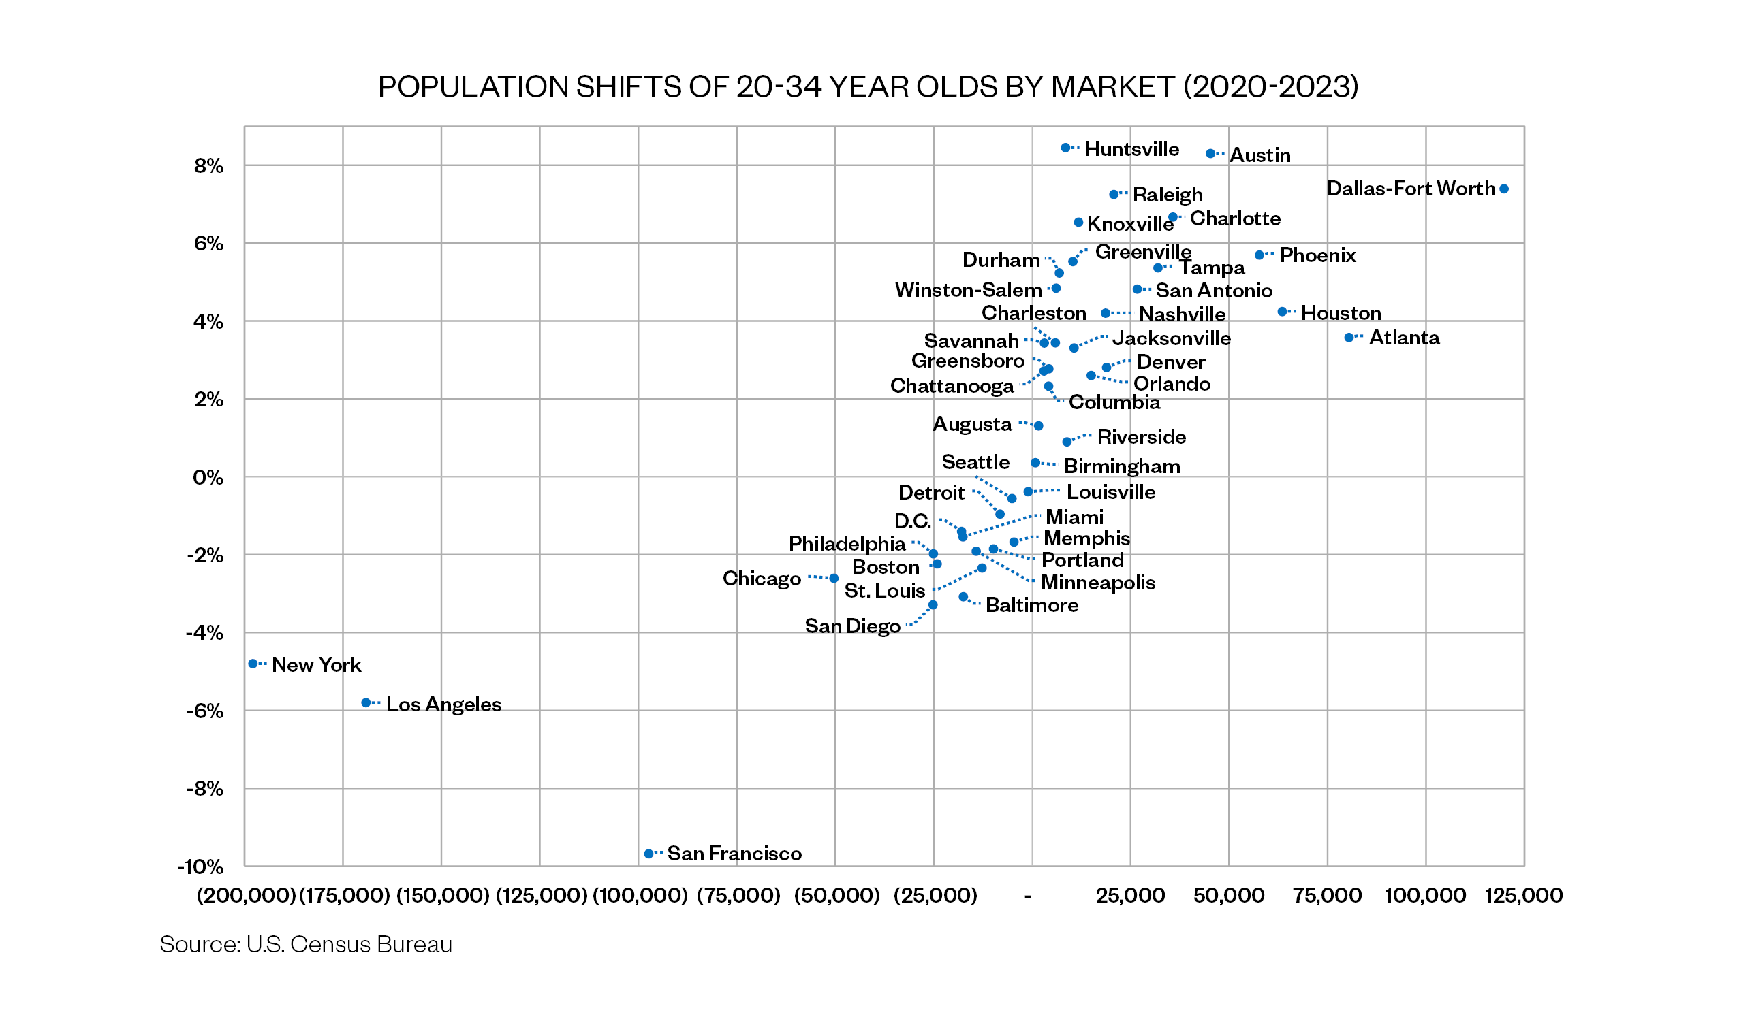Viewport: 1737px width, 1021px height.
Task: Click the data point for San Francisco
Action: click(x=648, y=854)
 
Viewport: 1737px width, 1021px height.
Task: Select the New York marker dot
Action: click(x=253, y=664)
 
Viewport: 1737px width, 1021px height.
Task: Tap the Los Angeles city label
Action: click(x=443, y=704)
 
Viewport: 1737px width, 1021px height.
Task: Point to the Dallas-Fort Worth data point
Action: click(x=1504, y=189)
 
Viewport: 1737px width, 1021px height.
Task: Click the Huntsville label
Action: click(x=1131, y=149)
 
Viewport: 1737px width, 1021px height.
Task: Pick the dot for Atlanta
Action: click(x=1349, y=338)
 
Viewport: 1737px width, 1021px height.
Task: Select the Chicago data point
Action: click(x=834, y=578)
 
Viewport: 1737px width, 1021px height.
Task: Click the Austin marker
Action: click(x=1210, y=154)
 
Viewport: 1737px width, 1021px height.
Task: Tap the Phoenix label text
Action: click(x=1317, y=256)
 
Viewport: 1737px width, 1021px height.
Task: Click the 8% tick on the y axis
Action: click(x=208, y=166)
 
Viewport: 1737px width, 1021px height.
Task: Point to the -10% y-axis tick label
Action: click(x=200, y=866)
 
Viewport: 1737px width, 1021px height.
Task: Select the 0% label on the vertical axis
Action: click(x=208, y=477)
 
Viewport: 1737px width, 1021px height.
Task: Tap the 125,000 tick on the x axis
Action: click(x=1523, y=896)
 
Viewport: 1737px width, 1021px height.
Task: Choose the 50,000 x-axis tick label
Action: click(x=1229, y=896)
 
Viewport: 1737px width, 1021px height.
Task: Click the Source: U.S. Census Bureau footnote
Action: click(x=305, y=944)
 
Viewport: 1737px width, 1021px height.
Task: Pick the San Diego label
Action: click(x=853, y=626)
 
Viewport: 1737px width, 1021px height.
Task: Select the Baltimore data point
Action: click(x=964, y=597)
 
